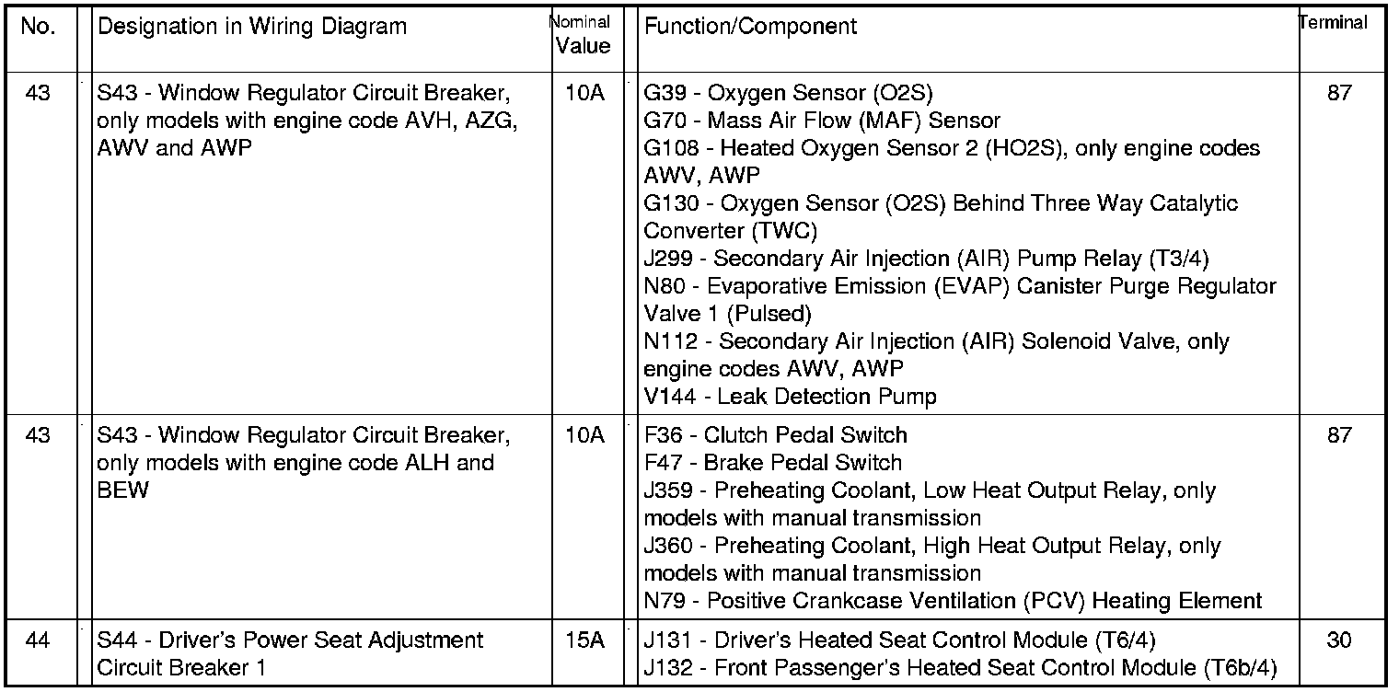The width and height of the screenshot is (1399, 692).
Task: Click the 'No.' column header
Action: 38,26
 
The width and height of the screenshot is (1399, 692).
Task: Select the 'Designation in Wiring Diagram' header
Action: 251,26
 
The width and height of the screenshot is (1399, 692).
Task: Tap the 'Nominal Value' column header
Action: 583,34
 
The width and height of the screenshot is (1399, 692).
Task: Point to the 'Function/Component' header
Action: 750,26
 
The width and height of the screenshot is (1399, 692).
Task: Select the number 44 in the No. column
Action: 38,640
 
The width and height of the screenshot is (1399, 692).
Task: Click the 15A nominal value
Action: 583,640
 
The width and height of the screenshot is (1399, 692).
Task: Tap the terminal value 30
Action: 1339,640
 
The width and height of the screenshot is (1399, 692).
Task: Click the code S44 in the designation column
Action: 118,640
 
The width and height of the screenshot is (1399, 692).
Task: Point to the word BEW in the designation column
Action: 122,490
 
